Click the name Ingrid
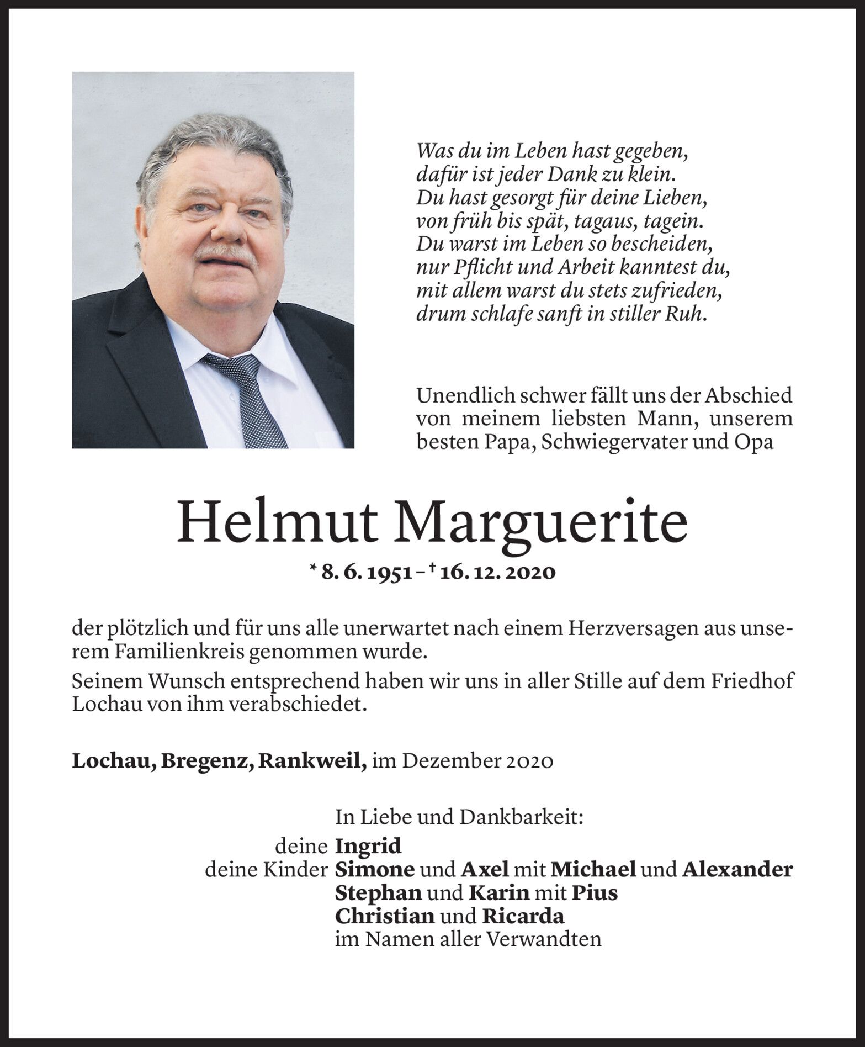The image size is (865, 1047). point(368,845)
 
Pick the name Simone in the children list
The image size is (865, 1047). point(375,869)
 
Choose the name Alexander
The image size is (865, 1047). point(737,869)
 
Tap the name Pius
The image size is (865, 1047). point(595,892)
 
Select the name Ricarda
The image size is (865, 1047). point(523,916)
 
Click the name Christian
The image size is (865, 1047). point(385,916)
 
